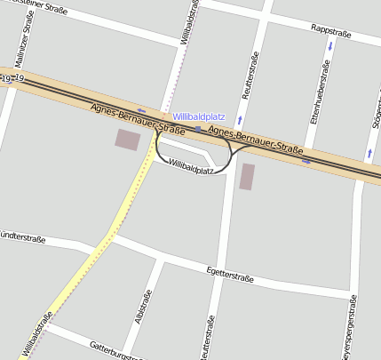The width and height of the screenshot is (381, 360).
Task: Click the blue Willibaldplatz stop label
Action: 199,116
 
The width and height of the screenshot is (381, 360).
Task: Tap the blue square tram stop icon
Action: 197,129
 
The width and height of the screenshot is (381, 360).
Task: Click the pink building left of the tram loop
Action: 128,140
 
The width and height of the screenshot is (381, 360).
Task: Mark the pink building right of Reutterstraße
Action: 247,176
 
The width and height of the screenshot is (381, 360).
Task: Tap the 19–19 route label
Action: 12,80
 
